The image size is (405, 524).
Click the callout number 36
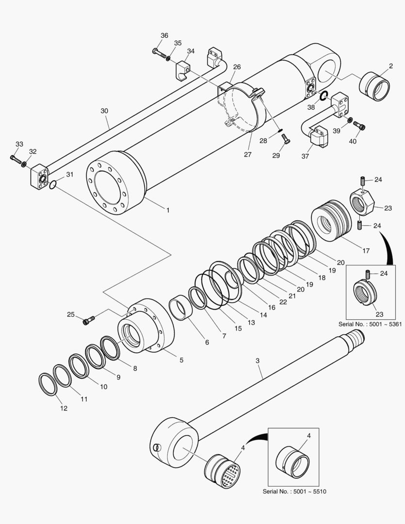(x=164, y=35)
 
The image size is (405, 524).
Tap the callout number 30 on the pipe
(x=104, y=111)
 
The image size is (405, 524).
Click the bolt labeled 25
(x=89, y=319)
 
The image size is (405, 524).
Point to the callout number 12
(x=64, y=409)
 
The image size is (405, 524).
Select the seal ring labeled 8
(x=111, y=348)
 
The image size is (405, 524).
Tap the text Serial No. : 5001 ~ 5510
(x=294, y=491)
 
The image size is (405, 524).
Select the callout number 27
(x=248, y=155)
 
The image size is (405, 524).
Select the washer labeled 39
(x=349, y=119)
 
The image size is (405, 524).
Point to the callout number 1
(x=168, y=211)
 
